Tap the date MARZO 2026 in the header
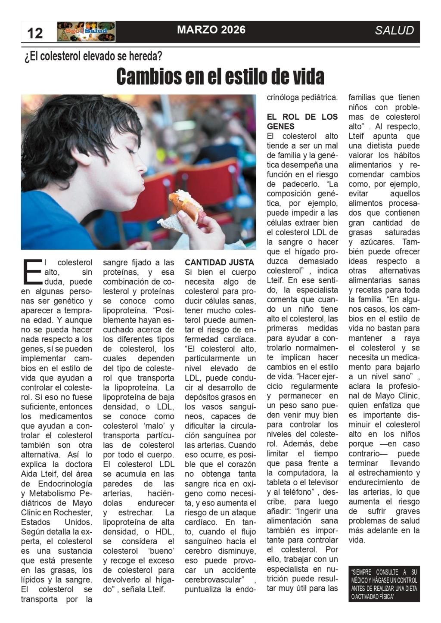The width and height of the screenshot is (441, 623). click(211, 30)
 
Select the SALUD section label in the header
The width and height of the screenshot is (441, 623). click(394, 31)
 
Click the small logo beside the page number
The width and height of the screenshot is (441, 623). click(86, 32)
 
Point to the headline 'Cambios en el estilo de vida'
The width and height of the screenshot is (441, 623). click(220, 77)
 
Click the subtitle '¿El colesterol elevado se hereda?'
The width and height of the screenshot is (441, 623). click(93, 56)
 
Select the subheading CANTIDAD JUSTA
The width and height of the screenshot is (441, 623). click(219, 262)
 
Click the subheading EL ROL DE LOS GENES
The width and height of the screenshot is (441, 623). click(302, 121)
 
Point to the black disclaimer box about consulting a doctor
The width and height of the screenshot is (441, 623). click(384, 584)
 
